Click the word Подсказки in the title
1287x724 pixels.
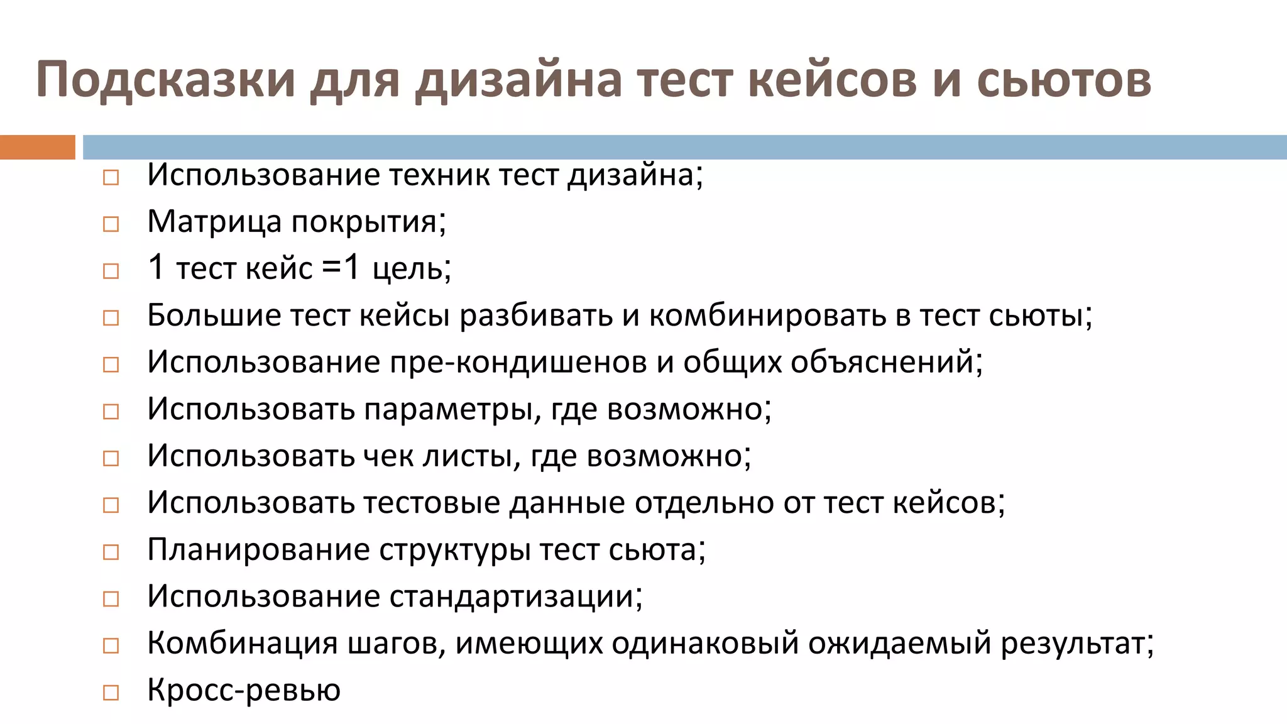point(165,80)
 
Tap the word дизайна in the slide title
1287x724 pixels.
point(518,80)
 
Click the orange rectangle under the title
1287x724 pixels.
point(37,147)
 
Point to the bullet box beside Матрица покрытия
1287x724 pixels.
point(111,224)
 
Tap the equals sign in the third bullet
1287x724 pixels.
point(331,268)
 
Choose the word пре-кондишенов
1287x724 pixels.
point(518,362)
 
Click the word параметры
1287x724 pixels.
point(449,409)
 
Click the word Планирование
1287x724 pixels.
point(258,550)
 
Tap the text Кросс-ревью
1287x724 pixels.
point(244,690)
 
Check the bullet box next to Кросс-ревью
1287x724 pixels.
point(111,693)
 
